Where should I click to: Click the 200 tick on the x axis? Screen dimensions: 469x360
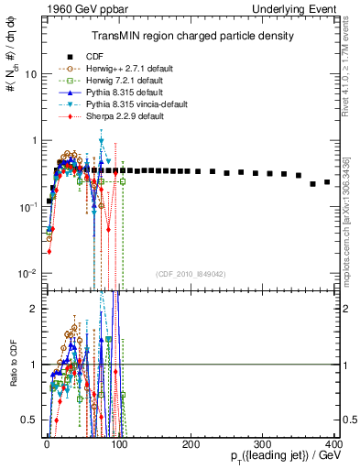[191, 444]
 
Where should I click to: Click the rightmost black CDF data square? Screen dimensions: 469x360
[327, 181]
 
